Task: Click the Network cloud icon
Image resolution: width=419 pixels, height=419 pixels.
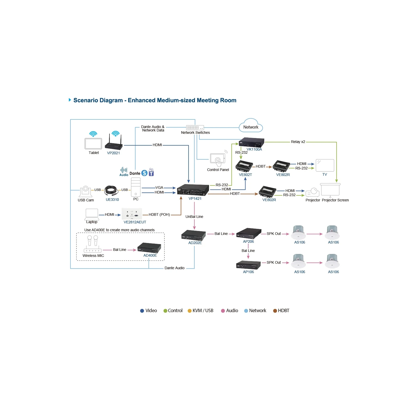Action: click(251, 126)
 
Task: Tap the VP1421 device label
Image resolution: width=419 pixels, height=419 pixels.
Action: click(195, 199)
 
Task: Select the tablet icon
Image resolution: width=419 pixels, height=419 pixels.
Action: click(93, 144)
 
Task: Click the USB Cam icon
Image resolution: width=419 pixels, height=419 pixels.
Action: click(86, 191)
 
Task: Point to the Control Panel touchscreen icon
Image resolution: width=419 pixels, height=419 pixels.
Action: click(218, 159)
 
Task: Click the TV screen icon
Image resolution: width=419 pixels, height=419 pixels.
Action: click(325, 166)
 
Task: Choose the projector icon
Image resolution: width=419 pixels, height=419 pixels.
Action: click(312, 192)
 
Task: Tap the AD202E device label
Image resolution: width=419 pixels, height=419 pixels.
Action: click(195, 243)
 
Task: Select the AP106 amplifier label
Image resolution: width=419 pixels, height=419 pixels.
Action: click(248, 272)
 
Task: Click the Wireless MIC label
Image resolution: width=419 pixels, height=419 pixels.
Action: click(93, 256)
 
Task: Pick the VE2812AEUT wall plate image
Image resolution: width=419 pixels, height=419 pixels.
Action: click(132, 214)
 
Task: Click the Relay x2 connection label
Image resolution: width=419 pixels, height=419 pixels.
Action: click(298, 142)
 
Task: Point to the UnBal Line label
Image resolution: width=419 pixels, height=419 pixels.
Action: click(194, 217)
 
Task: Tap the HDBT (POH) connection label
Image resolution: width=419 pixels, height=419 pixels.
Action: click(159, 214)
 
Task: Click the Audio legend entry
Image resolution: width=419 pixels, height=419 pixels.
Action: click(229, 311)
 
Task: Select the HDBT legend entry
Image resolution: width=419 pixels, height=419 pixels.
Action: click(281, 311)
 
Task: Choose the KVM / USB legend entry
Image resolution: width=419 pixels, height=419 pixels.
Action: click(200, 311)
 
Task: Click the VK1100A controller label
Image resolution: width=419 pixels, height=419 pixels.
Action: click(254, 149)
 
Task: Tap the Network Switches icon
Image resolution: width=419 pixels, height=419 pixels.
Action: click(195, 128)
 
